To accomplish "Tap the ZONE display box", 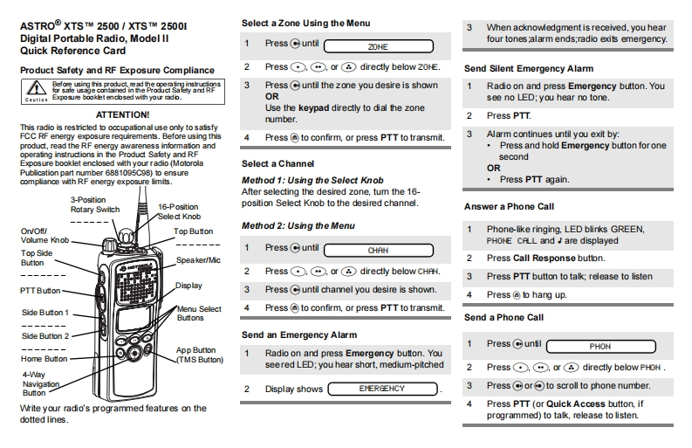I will [378, 45].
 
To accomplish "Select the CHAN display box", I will [378, 249].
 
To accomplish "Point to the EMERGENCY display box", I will [382, 389].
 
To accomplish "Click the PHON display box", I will [600, 346].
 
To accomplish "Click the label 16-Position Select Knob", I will [180, 211].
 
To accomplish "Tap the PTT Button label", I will [41, 291].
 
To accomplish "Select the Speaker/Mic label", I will [197, 259].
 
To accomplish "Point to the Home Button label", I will [45, 358].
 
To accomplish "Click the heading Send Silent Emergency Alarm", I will [517, 68].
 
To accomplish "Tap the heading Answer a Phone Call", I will [509, 207].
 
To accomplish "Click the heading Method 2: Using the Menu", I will [298, 225].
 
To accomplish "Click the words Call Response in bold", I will [545, 258].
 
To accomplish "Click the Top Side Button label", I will [32, 258].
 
